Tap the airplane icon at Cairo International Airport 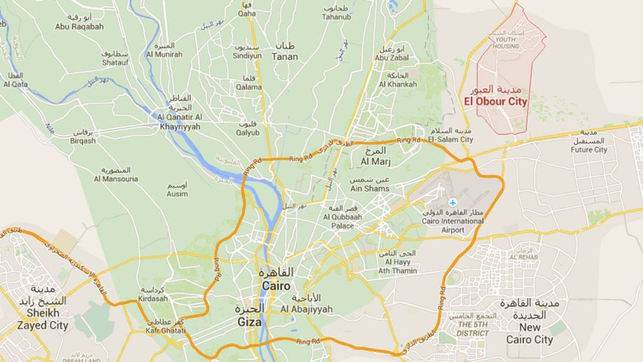453,202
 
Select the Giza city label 249,321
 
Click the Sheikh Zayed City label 43,319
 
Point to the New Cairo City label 530,333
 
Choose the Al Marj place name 375,161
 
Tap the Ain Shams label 370,188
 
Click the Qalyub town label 248,132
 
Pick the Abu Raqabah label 79,27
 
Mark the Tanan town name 285,56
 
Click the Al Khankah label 398,84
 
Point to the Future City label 589,150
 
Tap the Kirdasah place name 153,298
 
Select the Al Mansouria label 116,179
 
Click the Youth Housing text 506,43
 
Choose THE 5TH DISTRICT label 472,329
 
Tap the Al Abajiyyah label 307,309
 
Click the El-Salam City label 450,139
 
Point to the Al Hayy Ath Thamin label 397,266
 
